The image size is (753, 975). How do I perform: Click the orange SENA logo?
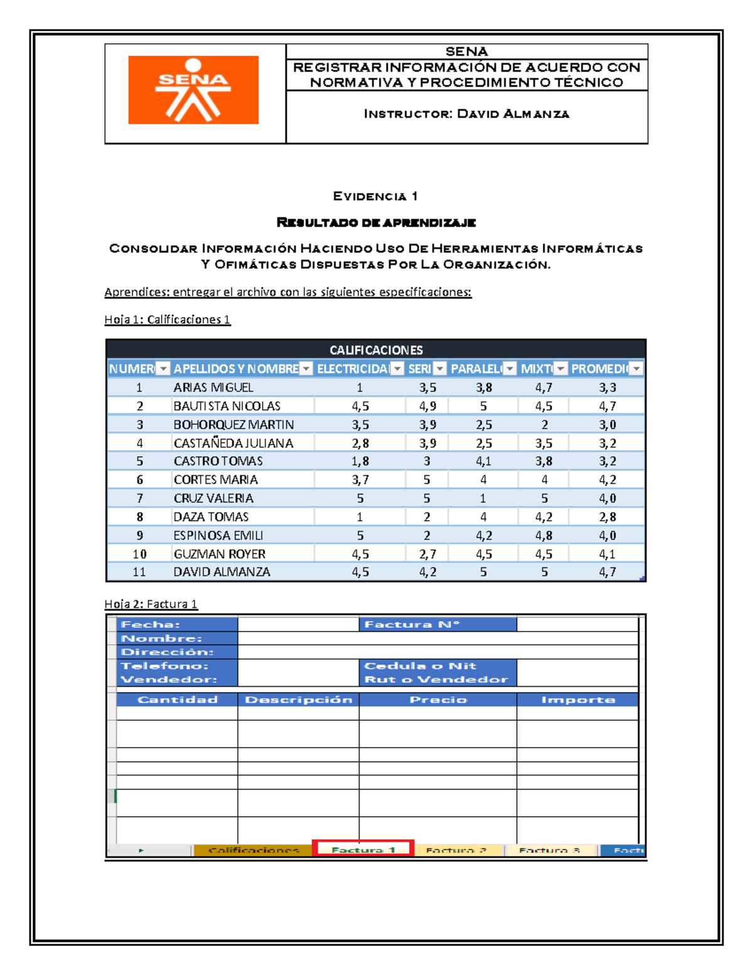pos(193,90)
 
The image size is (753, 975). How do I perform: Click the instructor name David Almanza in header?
pos(513,114)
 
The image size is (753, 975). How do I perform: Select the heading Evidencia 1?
pos(375,197)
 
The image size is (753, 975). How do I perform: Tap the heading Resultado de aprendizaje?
pos(376,222)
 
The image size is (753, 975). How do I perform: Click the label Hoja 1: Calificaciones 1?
pos(167,320)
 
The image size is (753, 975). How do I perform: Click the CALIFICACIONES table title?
pos(376,350)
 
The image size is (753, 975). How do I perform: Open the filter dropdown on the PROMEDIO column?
pos(636,369)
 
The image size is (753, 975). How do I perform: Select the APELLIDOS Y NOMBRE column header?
pos(235,369)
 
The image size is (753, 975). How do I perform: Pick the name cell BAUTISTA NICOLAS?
pos(227,406)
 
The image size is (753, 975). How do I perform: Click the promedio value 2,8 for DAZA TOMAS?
pos(607,517)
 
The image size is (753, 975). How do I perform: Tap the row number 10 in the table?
pos(139,554)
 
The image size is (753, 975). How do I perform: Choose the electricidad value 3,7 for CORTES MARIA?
pos(360,480)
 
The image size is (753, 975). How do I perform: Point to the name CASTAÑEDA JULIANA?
pos(233,443)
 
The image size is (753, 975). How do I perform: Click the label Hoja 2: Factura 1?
pos(151,604)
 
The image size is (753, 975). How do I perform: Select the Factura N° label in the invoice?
pos(412,624)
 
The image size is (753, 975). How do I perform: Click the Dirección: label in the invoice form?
pos(167,652)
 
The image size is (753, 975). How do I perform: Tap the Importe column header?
pos(577,699)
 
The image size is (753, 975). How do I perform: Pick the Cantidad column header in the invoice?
pos(177,699)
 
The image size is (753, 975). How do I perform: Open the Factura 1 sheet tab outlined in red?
pos(363,849)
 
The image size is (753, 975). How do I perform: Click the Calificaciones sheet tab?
pos(253,850)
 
